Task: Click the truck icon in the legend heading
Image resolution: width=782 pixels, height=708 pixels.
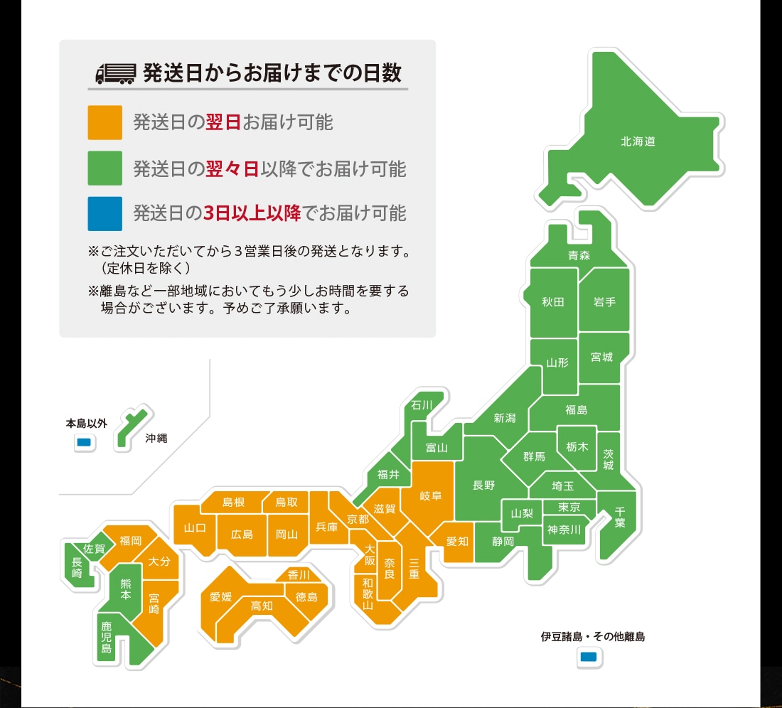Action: point(114,73)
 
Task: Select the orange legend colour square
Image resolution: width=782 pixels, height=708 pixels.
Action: point(105,122)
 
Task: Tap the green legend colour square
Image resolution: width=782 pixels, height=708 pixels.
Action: point(105,168)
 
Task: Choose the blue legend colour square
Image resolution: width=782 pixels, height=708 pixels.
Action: point(105,213)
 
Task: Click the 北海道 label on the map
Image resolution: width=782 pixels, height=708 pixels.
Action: point(638,141)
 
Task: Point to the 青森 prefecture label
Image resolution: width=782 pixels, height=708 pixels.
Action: point(579,255)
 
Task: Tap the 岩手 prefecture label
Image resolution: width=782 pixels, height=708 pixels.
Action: point(604,301)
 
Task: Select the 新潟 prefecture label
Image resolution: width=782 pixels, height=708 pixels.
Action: point(505,418)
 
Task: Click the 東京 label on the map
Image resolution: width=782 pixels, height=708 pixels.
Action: point(569,507)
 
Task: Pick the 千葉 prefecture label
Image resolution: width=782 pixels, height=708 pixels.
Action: point(619,517)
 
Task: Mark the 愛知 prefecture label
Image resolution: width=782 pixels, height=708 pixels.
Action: point(457,542)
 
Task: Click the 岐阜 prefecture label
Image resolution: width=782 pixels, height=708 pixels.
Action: point(431,495)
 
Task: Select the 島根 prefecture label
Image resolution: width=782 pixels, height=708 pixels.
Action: point(233,503)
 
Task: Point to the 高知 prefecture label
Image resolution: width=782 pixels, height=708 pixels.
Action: point(262,606)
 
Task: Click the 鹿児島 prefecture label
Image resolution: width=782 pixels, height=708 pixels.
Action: point(107,638)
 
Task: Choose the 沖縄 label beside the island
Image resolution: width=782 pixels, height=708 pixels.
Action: point(156,439)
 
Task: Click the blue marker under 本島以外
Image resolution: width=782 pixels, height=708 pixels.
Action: point(85,443)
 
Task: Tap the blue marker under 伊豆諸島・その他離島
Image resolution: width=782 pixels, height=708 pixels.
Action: point(589,657)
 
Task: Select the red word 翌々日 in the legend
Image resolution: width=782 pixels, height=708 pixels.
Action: point(232,169)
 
